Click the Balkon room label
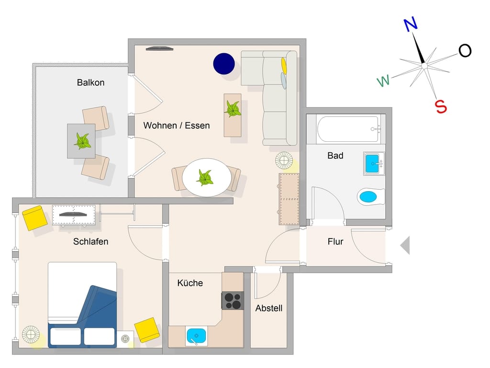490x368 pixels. (x=90, y=82)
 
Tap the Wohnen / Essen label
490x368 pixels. (x=177, y=126)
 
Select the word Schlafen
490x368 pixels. (x=90, y=241)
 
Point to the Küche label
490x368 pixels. (x=190, y=283)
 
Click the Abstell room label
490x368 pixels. (x=269, y=308)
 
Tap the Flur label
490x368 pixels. (x=335, y=241)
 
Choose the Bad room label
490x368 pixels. (x=335, y=156)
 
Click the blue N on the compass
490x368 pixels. (x=411, y=24)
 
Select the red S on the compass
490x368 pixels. (x=441, y=106)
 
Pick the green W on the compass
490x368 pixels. (x=383, y=80)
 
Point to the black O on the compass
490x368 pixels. (x=465, y=51)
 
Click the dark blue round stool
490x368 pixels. (x=224, y=64)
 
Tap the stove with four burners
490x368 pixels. (x=233, y=300)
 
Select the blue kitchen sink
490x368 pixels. (x=196, y=336)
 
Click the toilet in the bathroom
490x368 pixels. (x=371, y=196)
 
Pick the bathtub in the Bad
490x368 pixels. (x=349, y=129)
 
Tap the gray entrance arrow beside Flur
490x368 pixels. (x=405, y=245)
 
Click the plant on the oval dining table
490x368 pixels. (x=205, y=177)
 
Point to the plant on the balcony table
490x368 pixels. (x=82, y=141)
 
